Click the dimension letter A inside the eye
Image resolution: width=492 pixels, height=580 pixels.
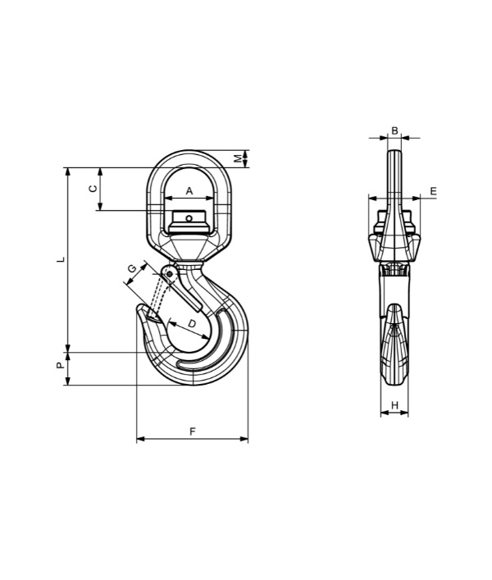pyautogui.click(x=189, y=191)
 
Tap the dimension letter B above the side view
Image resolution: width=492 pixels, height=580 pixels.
pyautogui.click(x=394, y=131)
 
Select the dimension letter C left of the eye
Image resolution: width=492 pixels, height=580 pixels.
pyautogui.click(x=93, y=189)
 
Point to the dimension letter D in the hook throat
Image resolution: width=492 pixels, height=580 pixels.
pyautogui.click(x=192, y=324)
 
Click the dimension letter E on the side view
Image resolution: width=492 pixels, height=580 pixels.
pyautogui.click(x=434, y=191)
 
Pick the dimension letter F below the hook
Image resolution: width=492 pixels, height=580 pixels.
pyautogui.click(x=192, y=432)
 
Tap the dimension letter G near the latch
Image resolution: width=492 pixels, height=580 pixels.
pyautogui.click(x=132, y=269)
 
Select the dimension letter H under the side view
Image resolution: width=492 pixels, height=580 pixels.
pyautogui.click(x=394, y=405)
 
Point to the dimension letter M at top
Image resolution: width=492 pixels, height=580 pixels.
pyautogui.click(x=239, y=158)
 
